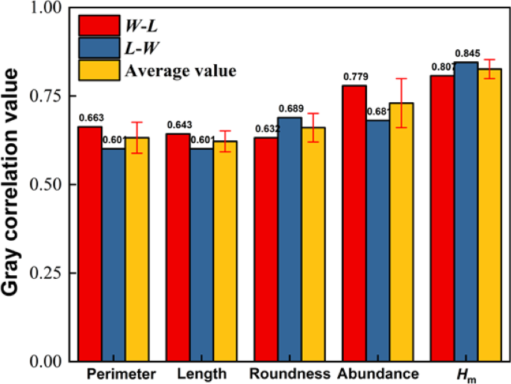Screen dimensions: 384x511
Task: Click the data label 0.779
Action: (354, 77)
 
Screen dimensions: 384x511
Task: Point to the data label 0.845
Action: (467, 54)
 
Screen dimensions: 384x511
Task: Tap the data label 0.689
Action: (290, 110)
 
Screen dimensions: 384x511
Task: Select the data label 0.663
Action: (91, 118)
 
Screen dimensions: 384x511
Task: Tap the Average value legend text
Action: (181, 71)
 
